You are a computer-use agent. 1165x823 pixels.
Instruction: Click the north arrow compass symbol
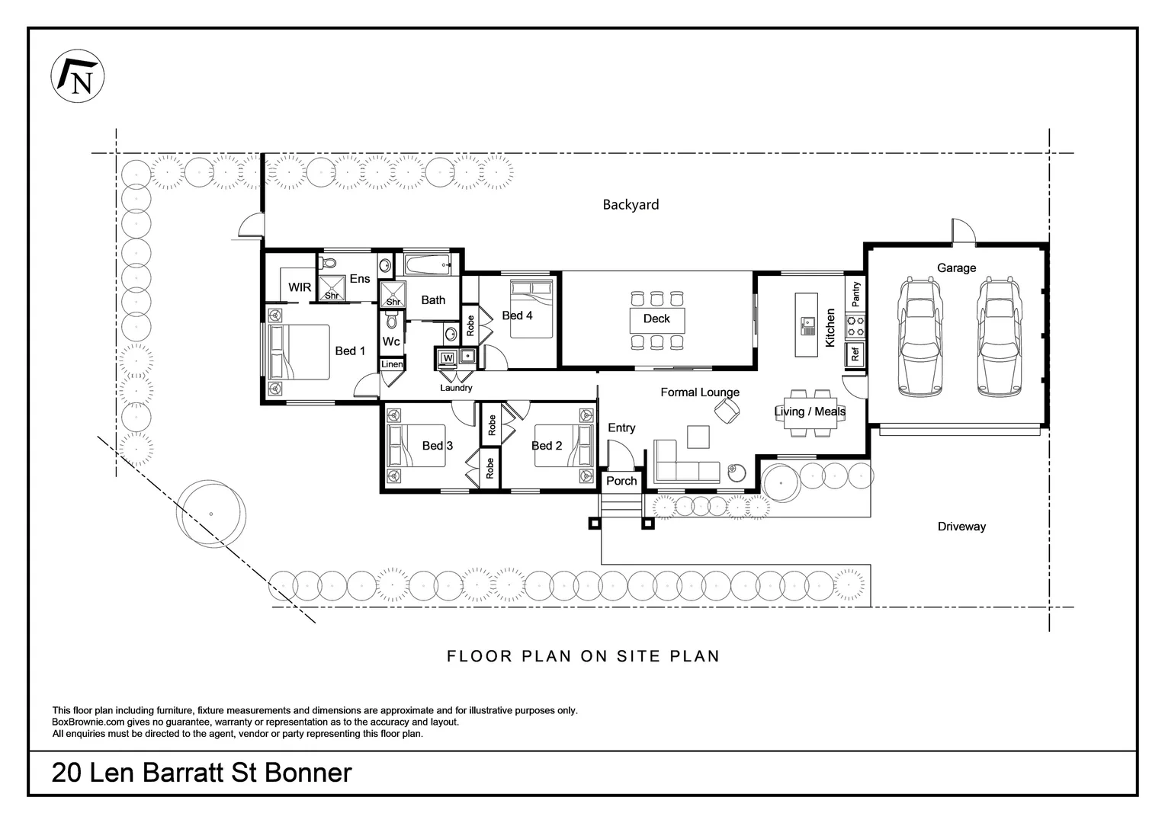pos(77,77)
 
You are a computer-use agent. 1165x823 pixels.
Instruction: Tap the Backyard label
pos(631,204)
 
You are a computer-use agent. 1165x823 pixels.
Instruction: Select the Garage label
pos(956,267)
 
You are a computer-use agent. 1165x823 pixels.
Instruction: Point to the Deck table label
pos(656,319)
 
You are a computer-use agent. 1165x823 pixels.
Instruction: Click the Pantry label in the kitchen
pos(855,293)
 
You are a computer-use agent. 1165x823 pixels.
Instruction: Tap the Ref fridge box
pos(855,354)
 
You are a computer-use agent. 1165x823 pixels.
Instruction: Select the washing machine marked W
pos(448,357)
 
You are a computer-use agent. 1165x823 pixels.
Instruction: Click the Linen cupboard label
pos(392,364)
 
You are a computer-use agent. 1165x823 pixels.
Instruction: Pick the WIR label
pos(300,287)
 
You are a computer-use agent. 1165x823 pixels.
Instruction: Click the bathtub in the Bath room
pos(427,266)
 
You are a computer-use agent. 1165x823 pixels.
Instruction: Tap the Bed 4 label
pos(517,315)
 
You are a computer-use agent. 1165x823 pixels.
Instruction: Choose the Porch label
pos(621,481)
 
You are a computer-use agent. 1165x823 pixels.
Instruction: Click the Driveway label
pos(961,527)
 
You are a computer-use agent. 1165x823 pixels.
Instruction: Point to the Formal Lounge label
pos(699,392)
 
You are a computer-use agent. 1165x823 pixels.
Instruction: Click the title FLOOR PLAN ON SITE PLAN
pos(583,656)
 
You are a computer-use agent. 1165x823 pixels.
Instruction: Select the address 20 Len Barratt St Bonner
pos(202,773)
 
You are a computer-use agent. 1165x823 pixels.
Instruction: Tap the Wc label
pos(391,341)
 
